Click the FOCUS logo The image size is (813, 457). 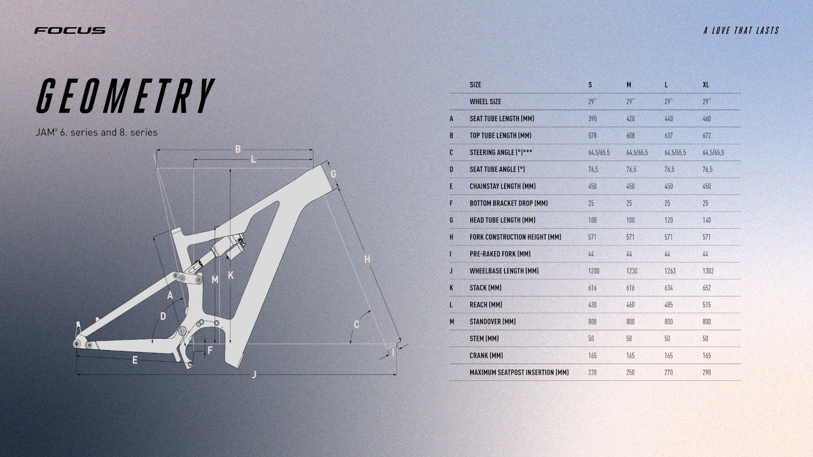70,30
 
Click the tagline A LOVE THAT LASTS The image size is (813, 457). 741,30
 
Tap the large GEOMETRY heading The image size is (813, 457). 125,96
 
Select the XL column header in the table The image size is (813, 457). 706,85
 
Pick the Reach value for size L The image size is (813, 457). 668,305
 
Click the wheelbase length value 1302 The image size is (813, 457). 708,271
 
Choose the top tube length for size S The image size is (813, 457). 592,136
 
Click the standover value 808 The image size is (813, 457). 592,322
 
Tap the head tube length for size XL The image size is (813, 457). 706,220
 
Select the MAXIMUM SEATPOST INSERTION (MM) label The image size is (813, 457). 519,373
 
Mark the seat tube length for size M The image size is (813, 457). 630,119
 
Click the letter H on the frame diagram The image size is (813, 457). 367,259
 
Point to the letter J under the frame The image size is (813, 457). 254,374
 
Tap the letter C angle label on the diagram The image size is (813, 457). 356,324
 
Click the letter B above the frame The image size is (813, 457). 238,149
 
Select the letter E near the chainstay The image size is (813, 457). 135,360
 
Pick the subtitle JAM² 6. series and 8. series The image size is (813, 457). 97,132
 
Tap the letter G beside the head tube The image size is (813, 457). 333,174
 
